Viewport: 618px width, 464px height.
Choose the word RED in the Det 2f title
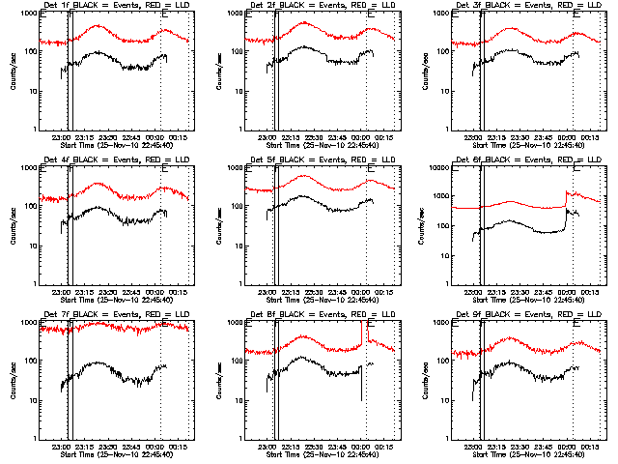[x=351, y=8]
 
